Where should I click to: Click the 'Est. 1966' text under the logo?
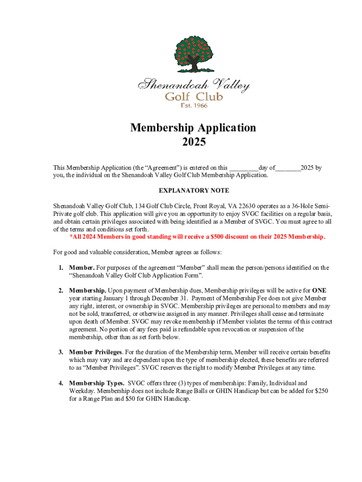pyautogui.click(x=194, y=105)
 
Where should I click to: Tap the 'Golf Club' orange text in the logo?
pyautogui.click(x=193, y=96)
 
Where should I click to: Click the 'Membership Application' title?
pyautogui.click(x=193, y=128)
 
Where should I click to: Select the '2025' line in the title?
pyautogui.click(x=193, y=141)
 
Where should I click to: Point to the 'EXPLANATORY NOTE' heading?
pyautogui.click(x=193, y=191)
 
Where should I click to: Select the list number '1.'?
pyautogui.click(x=61, y=267)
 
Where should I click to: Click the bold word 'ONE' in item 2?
pyautogui.click(x=319, y=290)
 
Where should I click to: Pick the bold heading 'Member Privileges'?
pyautogui.click(x=96, y=352)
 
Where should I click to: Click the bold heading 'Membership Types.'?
pyautogui.click(x=97, y=383)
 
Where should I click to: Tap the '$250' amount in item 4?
pyautogui.click(x=320, y=391)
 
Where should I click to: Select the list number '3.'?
pyautogui.click(x=61, y=352)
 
